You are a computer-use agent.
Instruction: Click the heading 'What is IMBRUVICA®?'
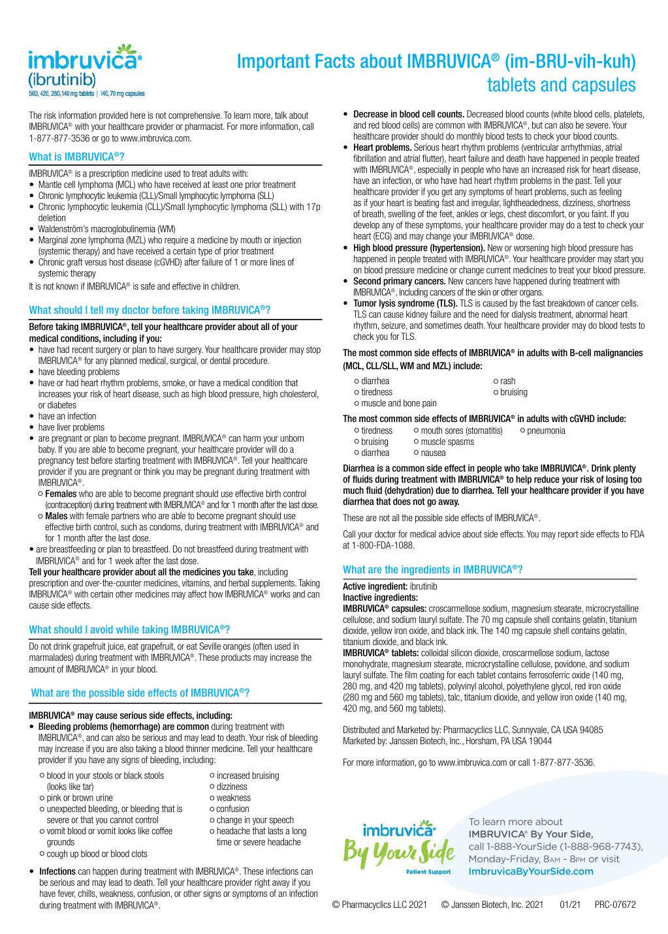tap(76, 157)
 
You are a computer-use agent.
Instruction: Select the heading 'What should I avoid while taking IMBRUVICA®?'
tap(129, 629)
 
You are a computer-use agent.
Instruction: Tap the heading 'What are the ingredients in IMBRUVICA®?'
tap(432, 569)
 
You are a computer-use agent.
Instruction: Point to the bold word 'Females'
tap(61, 494)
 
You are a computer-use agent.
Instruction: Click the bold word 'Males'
tap(56, 516)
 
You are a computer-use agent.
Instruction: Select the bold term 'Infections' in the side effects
tap(57, 871)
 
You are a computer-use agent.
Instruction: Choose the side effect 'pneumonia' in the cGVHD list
tap(546, 430)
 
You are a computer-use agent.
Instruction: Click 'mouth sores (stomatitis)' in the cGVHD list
tap(461, 430)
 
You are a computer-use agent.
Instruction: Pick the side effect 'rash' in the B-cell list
tap(507, 381)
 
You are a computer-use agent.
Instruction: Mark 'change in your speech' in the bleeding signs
tap(255, 820)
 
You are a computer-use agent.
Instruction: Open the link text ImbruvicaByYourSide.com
tap(531, 871)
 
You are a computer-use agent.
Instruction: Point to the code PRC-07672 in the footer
tap(615, 905)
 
